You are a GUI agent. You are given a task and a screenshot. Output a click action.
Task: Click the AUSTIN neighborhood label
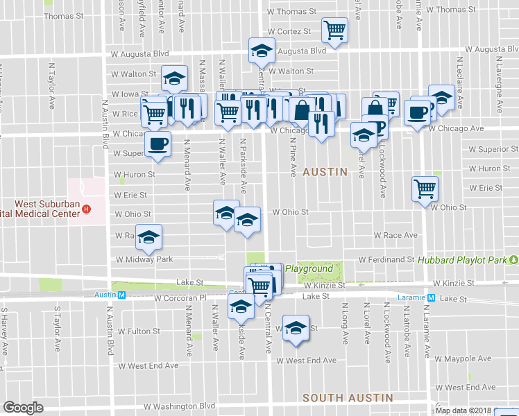[x=325, y=171]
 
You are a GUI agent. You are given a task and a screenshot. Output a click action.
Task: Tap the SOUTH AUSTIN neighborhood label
[x=348, y=398]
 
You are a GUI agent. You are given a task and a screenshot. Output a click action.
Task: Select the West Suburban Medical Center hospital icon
[x=86, y=209]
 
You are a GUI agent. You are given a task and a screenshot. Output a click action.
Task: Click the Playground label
[x=309, y=268]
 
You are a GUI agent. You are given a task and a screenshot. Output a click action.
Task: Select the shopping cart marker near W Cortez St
[x=334, y=30]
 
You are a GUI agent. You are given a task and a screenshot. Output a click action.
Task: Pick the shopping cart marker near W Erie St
[x=425, y=187]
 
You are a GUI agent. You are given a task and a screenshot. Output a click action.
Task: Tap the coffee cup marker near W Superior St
[x=158, y=144]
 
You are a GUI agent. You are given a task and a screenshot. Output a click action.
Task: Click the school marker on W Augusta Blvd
[x=262, y=51]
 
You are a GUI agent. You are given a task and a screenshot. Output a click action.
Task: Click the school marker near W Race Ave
[x=148, y=238]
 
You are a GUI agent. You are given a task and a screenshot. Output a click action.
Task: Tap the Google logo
[x=24, y=408]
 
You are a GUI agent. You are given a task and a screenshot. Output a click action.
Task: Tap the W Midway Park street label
[x=144, y=259]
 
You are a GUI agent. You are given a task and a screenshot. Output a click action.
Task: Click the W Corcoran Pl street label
[x=182, y=298]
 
